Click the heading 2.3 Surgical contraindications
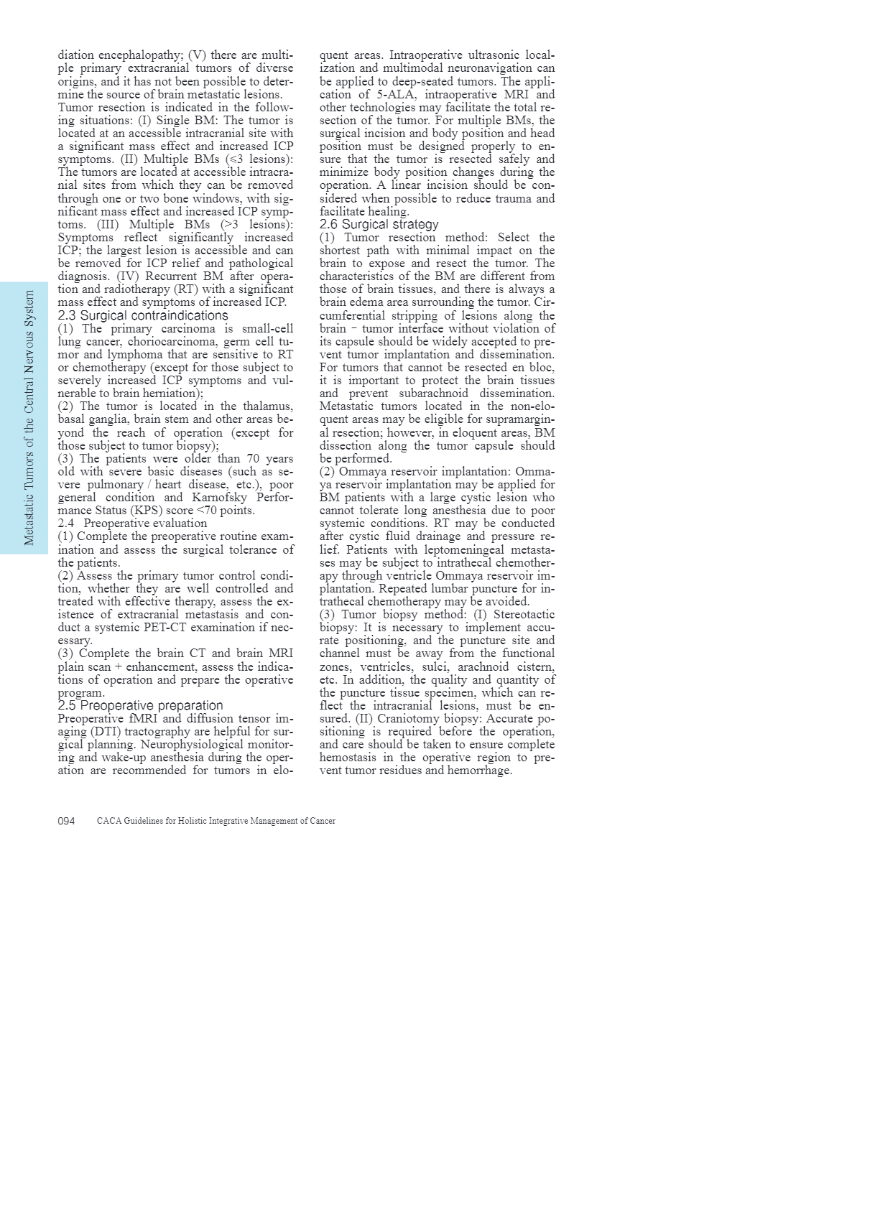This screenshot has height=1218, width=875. [x=142, y=315]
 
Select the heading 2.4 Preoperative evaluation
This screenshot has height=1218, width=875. [x=132, y=523]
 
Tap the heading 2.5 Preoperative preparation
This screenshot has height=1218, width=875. [x=140, y=705]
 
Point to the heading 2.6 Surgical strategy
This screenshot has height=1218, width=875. [x=379, y=224]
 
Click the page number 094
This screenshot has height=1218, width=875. [x=66, y=821]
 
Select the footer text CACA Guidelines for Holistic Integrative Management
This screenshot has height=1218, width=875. [x=216, y=821]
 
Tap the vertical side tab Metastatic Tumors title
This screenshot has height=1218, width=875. [x=29, y=417]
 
